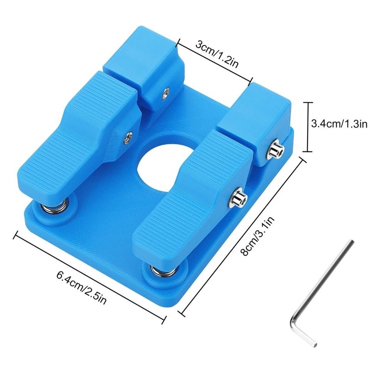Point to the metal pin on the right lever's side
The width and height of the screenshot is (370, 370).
click(x=239, y=199)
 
